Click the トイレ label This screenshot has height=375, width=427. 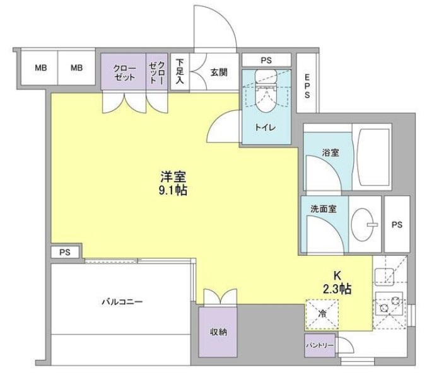pos(264,127)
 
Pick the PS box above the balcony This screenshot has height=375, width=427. pos(64,252)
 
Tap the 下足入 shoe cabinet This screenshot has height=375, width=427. pos(180,71)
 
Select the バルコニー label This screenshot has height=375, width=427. pos(122,302)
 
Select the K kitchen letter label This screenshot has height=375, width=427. pos(337,275)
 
